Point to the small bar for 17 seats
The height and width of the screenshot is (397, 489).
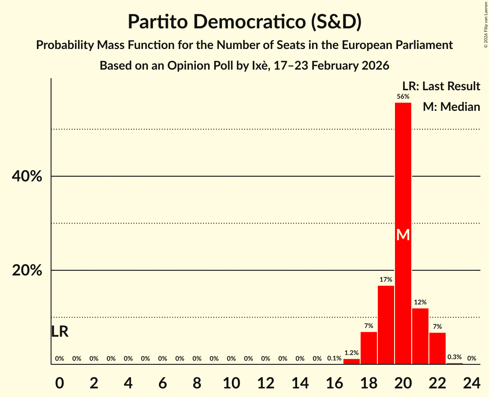pos(351,362)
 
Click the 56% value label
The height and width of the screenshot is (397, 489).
pos(403,97)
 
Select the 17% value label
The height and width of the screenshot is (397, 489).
pos(386,280)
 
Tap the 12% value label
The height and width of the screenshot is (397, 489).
pos(420,302)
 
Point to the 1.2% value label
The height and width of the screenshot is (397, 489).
pos(351,353)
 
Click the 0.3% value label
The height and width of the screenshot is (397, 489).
pos(454,357)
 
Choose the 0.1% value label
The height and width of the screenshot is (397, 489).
pos(334,358)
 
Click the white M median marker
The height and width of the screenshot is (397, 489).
pos(403,235)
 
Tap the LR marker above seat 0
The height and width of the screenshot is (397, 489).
pos(60,332)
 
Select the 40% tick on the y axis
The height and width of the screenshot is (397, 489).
pos(27,176)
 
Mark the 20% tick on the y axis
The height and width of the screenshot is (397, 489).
pos(27,271)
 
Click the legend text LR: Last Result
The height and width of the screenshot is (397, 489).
pos(441,86)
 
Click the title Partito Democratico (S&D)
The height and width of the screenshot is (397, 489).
pos(244,22)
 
